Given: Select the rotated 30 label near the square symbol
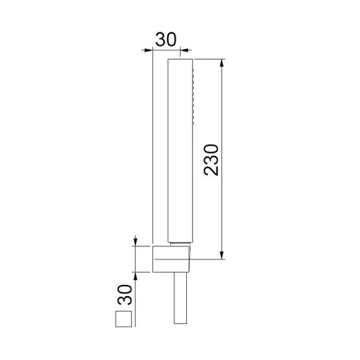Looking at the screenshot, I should coord(124,295).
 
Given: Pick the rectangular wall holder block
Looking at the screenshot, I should coord(169,258).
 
